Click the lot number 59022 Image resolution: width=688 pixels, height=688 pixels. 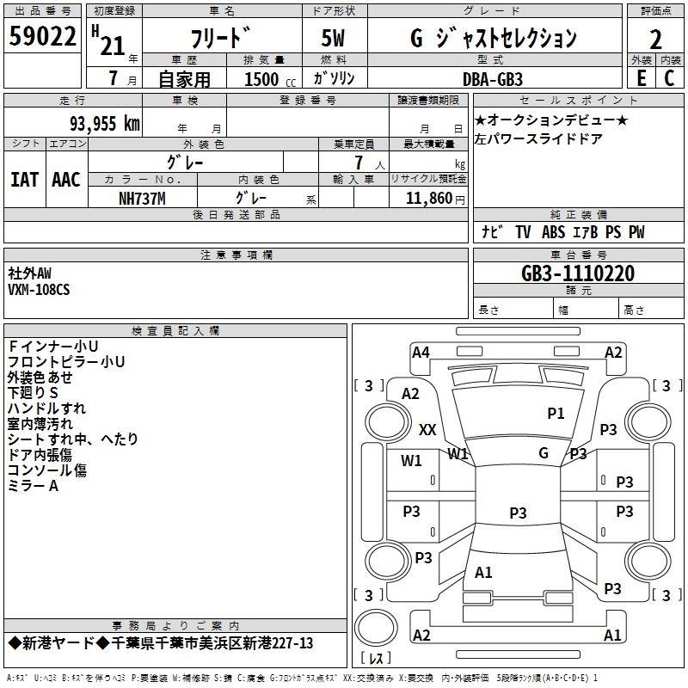point(42,36)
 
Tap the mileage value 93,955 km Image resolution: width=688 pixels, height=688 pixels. point(104,123)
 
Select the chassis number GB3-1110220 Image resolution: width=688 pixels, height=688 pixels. point(578,273)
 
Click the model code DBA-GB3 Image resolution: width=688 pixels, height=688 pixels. point(492,79)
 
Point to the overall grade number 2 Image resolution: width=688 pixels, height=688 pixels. point(655,40)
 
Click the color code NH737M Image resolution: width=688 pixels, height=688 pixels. point(142,199)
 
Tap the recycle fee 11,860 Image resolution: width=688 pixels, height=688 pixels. point(428,199)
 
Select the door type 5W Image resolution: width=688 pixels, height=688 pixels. point(333,38)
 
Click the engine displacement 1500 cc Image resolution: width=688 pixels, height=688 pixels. point(270,79)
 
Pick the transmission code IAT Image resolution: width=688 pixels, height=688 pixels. point(25,180)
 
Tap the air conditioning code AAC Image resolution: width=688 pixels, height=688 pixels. point(66,180)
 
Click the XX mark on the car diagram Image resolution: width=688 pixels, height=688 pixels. point(427,429)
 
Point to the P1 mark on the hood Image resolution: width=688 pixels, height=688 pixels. point(556,414)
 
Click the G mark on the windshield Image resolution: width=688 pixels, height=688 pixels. point(544,453)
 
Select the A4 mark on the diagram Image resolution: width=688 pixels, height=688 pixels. point(421,353)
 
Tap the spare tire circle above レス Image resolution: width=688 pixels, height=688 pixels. point(376,627)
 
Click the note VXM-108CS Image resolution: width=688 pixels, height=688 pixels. point(39,290)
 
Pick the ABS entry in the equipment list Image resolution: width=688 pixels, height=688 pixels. point(553,232)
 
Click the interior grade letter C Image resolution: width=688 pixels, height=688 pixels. point(669,78)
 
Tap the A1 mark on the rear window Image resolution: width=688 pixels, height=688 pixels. point(483,573)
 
